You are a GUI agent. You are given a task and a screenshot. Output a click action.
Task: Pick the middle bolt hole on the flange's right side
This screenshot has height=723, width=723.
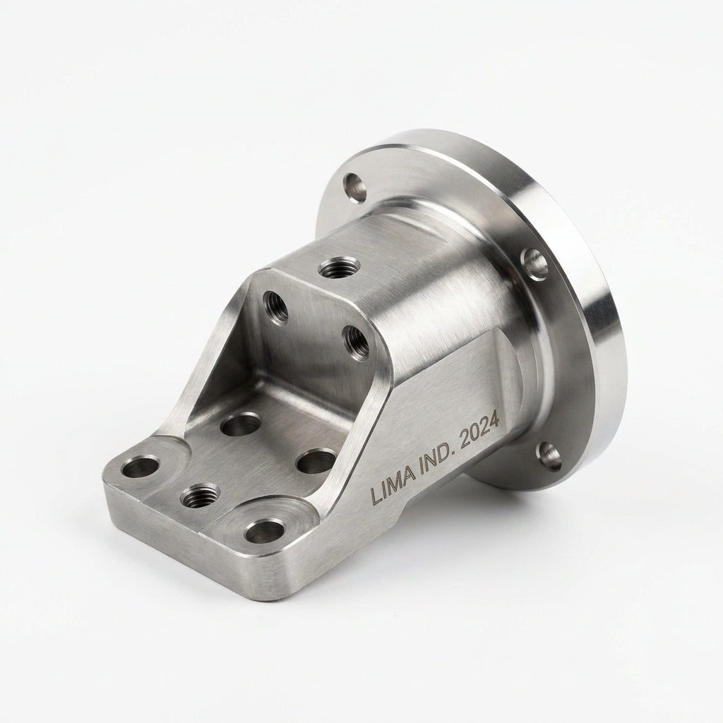pyautogui.click(x=534, y=264)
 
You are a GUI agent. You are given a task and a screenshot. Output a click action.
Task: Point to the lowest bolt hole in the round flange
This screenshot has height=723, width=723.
pyautogui.click(x=549, y=457)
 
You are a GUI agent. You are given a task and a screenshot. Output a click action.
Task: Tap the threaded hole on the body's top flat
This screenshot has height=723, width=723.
pyautogui.click(x=340, y=268)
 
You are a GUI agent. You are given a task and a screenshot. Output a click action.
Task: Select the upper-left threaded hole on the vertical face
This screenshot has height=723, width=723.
pyautogui.click(x=276, y=308)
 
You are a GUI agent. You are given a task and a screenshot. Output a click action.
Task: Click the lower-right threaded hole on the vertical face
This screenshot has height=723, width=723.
pyautogui.click(x=357, y=342)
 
